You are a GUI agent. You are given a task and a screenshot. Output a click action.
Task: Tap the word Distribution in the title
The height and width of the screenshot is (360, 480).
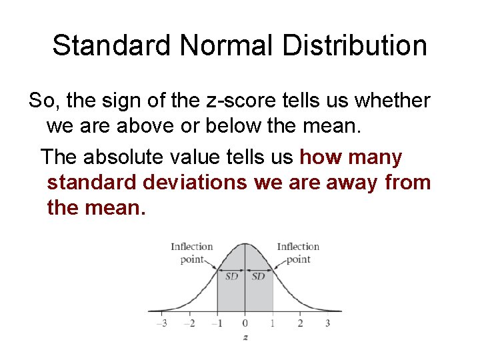[354, 45]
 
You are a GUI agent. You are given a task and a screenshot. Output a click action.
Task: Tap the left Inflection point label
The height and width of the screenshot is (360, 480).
[192, 253]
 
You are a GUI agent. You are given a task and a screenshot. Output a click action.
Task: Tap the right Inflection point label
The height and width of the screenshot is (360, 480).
[298, 253]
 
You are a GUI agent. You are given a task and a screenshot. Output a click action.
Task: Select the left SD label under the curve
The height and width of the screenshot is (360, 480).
[231, 276]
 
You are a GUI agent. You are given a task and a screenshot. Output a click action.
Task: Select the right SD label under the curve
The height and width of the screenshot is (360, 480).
[259, 276]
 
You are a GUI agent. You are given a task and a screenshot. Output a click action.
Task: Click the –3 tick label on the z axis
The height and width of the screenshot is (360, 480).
[161, 323]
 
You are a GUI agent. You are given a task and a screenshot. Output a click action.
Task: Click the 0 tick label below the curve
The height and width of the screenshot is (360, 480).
[245, 323]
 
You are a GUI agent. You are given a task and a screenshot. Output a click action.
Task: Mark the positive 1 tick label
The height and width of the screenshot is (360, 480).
[273, 323]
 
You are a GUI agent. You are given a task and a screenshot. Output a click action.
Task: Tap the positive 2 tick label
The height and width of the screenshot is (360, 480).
[300, 323]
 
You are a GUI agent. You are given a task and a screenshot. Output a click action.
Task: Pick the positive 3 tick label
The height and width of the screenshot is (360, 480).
[327, 323]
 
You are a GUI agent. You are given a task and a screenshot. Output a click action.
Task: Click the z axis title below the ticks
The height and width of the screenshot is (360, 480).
[245, 337]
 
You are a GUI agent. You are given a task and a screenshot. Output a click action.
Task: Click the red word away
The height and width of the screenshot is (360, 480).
[353, 182]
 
